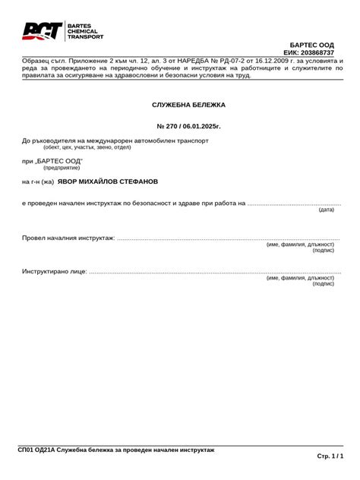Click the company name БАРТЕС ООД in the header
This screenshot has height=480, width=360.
pyautogui.click(x=311, y=46)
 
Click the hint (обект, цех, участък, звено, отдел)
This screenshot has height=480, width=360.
pyautogui.click(x=82, y=147)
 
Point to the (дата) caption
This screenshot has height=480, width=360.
pyautogui.click(x=326, y=210)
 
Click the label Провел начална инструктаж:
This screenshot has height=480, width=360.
pyautogui.click(x=68, y=238)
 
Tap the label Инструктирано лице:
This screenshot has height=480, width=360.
pyautogui.click(x=55, y=271)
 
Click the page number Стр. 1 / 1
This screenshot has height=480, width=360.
pyautogui.click(x=330, y=456)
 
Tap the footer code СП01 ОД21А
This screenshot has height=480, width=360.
pyautogui.click(x=36, y=450)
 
